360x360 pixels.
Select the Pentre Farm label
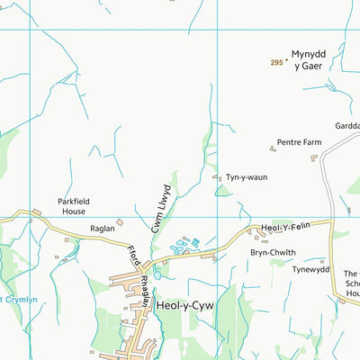pos(300,142)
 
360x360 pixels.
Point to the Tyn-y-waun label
pos(246,177)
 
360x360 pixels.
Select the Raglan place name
pos(102,229)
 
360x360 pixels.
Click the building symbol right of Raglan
pos(120,222)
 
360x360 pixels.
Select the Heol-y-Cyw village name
pos(185,306)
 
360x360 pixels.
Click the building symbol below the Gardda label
pos(314,157)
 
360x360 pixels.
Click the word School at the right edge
pos(352,283)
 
